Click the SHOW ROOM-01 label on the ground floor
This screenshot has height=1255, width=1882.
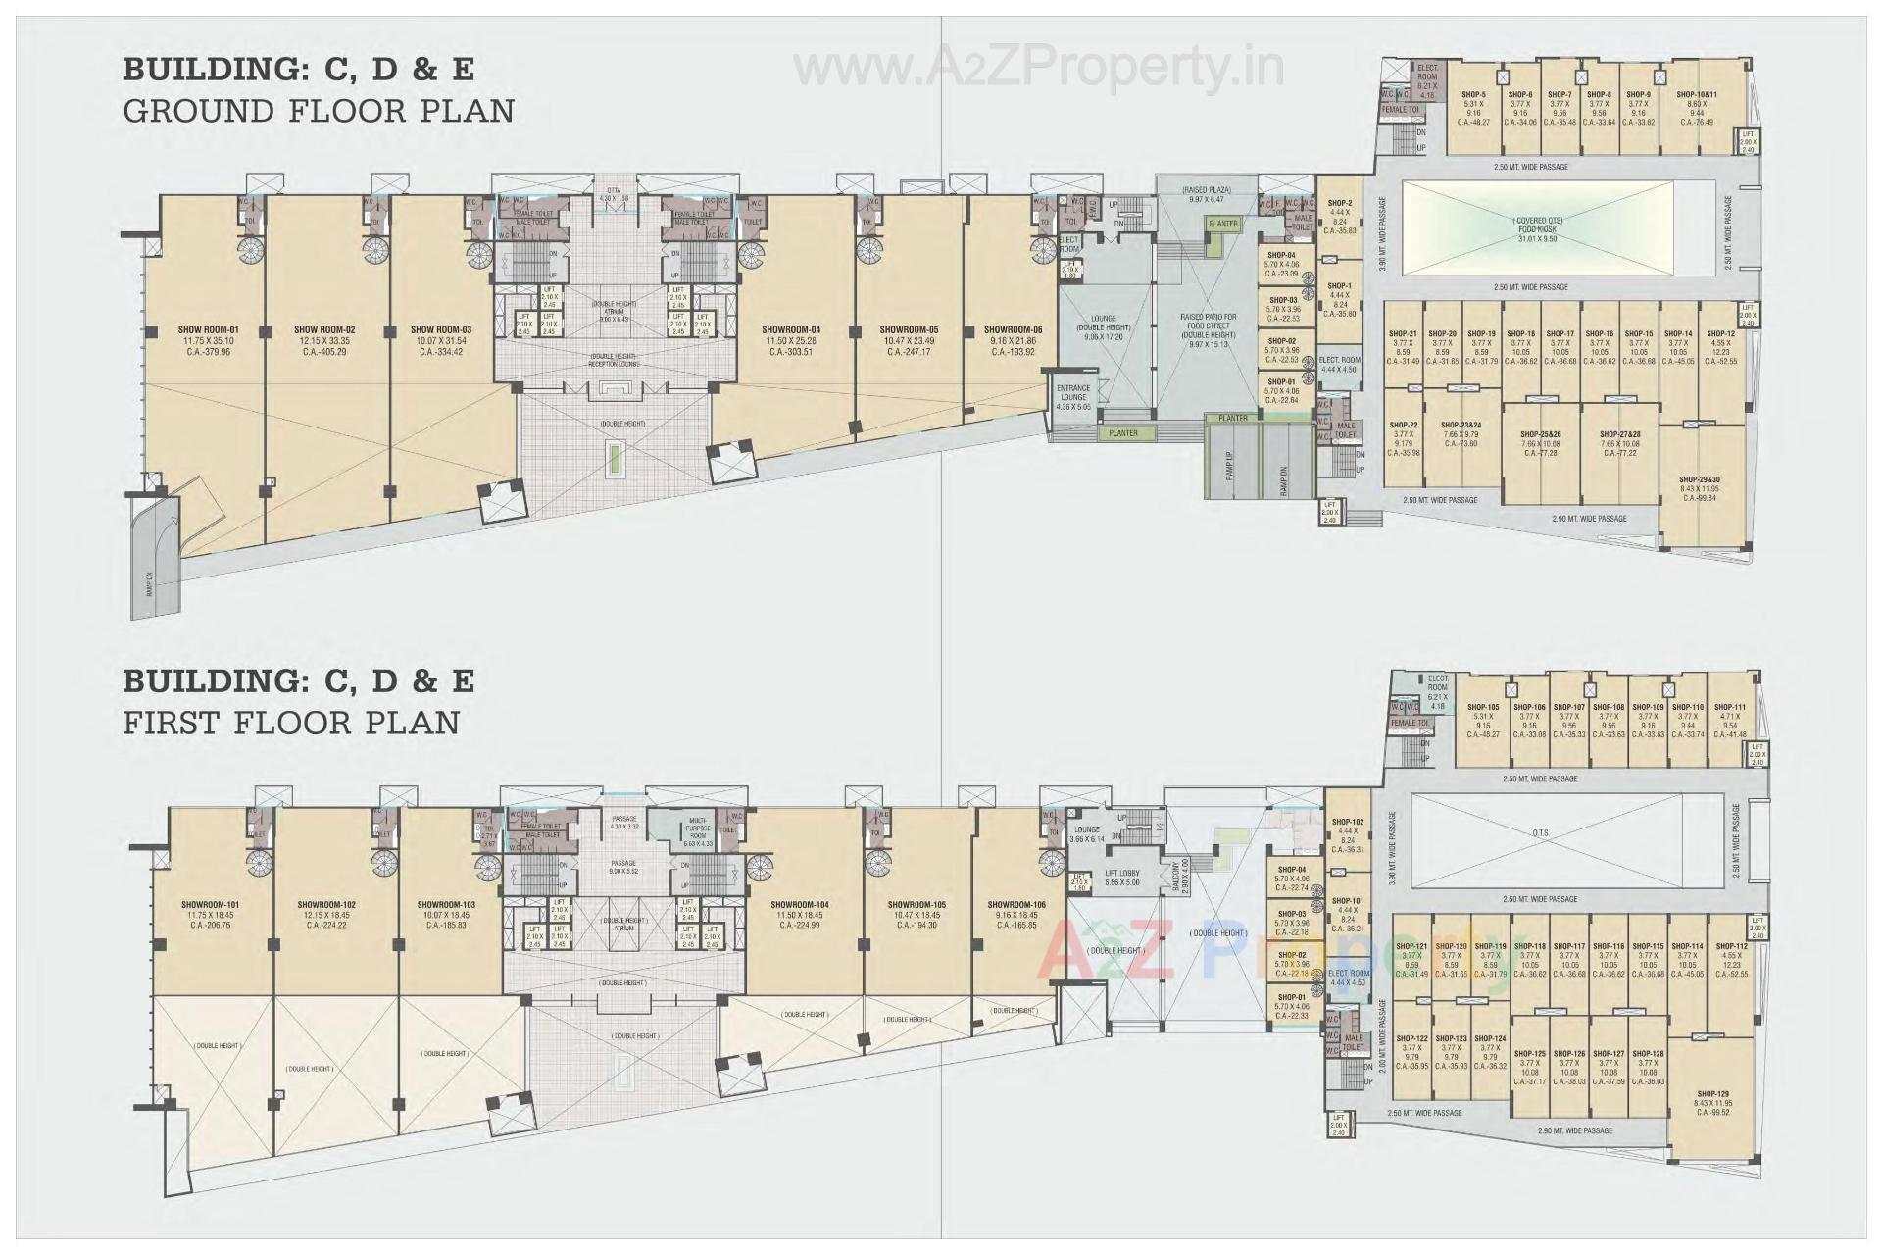point(207,329)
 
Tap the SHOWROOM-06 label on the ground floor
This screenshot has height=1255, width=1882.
point(1014,330)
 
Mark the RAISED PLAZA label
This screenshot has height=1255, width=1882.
point(1206,189)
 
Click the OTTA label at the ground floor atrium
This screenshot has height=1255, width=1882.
point(614,191)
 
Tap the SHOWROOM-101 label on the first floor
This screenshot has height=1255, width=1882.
point(211,905)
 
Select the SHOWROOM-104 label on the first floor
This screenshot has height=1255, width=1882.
point(799,905)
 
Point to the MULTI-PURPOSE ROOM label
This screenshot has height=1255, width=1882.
point(698,824)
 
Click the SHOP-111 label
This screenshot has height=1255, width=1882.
point(1731,707)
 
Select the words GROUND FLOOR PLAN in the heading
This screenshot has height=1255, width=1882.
point(319,111)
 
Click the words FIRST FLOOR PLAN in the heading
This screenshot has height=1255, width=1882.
point(291,723)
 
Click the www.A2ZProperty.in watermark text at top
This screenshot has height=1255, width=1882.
point(1038,69)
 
